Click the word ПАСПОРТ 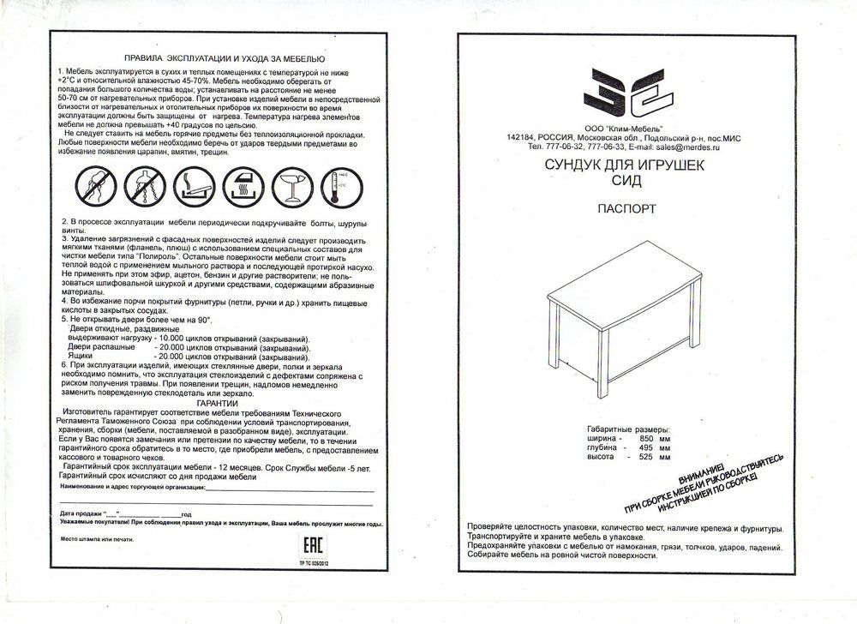point(626,208)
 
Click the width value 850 point(648,439)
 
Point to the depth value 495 point(648,448)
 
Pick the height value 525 point(648,458)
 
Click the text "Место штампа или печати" point(98,539)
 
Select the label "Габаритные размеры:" point(627,429)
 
